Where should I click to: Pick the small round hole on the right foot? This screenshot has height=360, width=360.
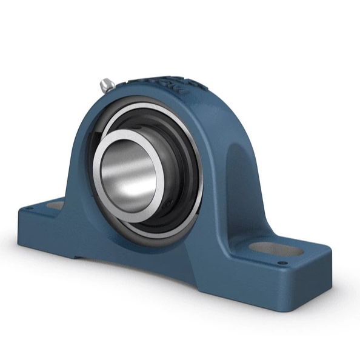point(283,262)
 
